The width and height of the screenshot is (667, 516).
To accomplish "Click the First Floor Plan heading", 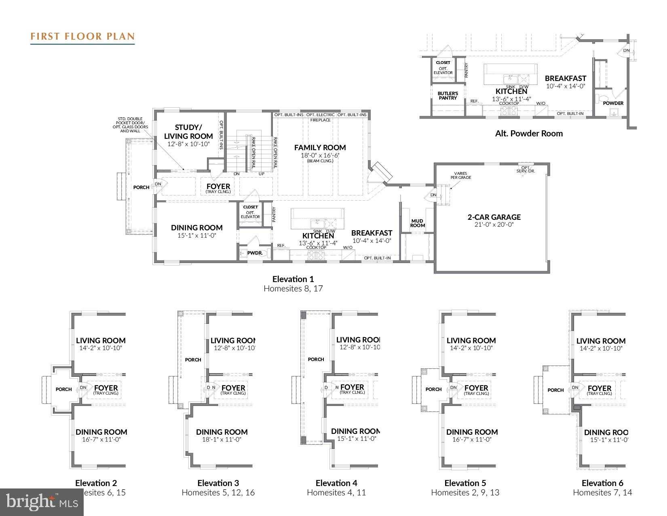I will pos(82,36).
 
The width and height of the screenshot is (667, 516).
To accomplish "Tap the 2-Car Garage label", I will pos(494,217).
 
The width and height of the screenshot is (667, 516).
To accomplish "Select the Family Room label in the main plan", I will pos(320,148).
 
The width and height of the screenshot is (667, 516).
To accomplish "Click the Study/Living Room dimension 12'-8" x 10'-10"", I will pos(188,144).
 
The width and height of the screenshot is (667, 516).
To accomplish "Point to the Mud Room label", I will pos(417,223).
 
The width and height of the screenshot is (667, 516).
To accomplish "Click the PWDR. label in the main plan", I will pos(255,253).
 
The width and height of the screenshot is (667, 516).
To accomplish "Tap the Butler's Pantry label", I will pos(447,96).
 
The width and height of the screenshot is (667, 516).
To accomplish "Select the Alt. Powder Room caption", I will pos(528,134).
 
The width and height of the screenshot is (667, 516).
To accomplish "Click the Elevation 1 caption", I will pos(293,279).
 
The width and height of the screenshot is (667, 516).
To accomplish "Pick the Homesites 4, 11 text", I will pos(336,493).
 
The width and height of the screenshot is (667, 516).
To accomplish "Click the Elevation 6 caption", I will pos(602,483).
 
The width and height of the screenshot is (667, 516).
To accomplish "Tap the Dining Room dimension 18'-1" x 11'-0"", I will pos(222,440).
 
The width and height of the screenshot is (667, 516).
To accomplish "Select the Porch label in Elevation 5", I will pos(433,389).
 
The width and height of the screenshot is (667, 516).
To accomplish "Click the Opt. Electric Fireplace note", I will pos(321,117).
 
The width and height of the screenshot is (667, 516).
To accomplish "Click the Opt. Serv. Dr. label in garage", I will pos(525,169).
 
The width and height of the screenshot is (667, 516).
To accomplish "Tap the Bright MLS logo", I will pos(42,502).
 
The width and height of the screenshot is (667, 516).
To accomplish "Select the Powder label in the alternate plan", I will pos(613,103).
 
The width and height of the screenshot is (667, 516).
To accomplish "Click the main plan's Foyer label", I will pos(218,187).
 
